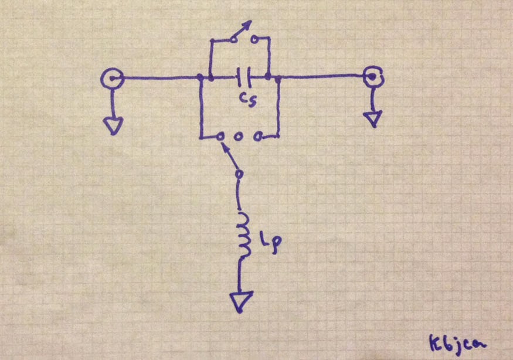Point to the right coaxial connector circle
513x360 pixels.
(372, 76)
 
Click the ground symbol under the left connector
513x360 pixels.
(113, 124)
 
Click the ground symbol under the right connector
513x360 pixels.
(372, 119)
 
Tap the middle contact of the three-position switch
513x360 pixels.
(239, 137)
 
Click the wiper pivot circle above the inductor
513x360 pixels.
(239, 174)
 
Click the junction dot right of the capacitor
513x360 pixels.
(269, 76)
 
